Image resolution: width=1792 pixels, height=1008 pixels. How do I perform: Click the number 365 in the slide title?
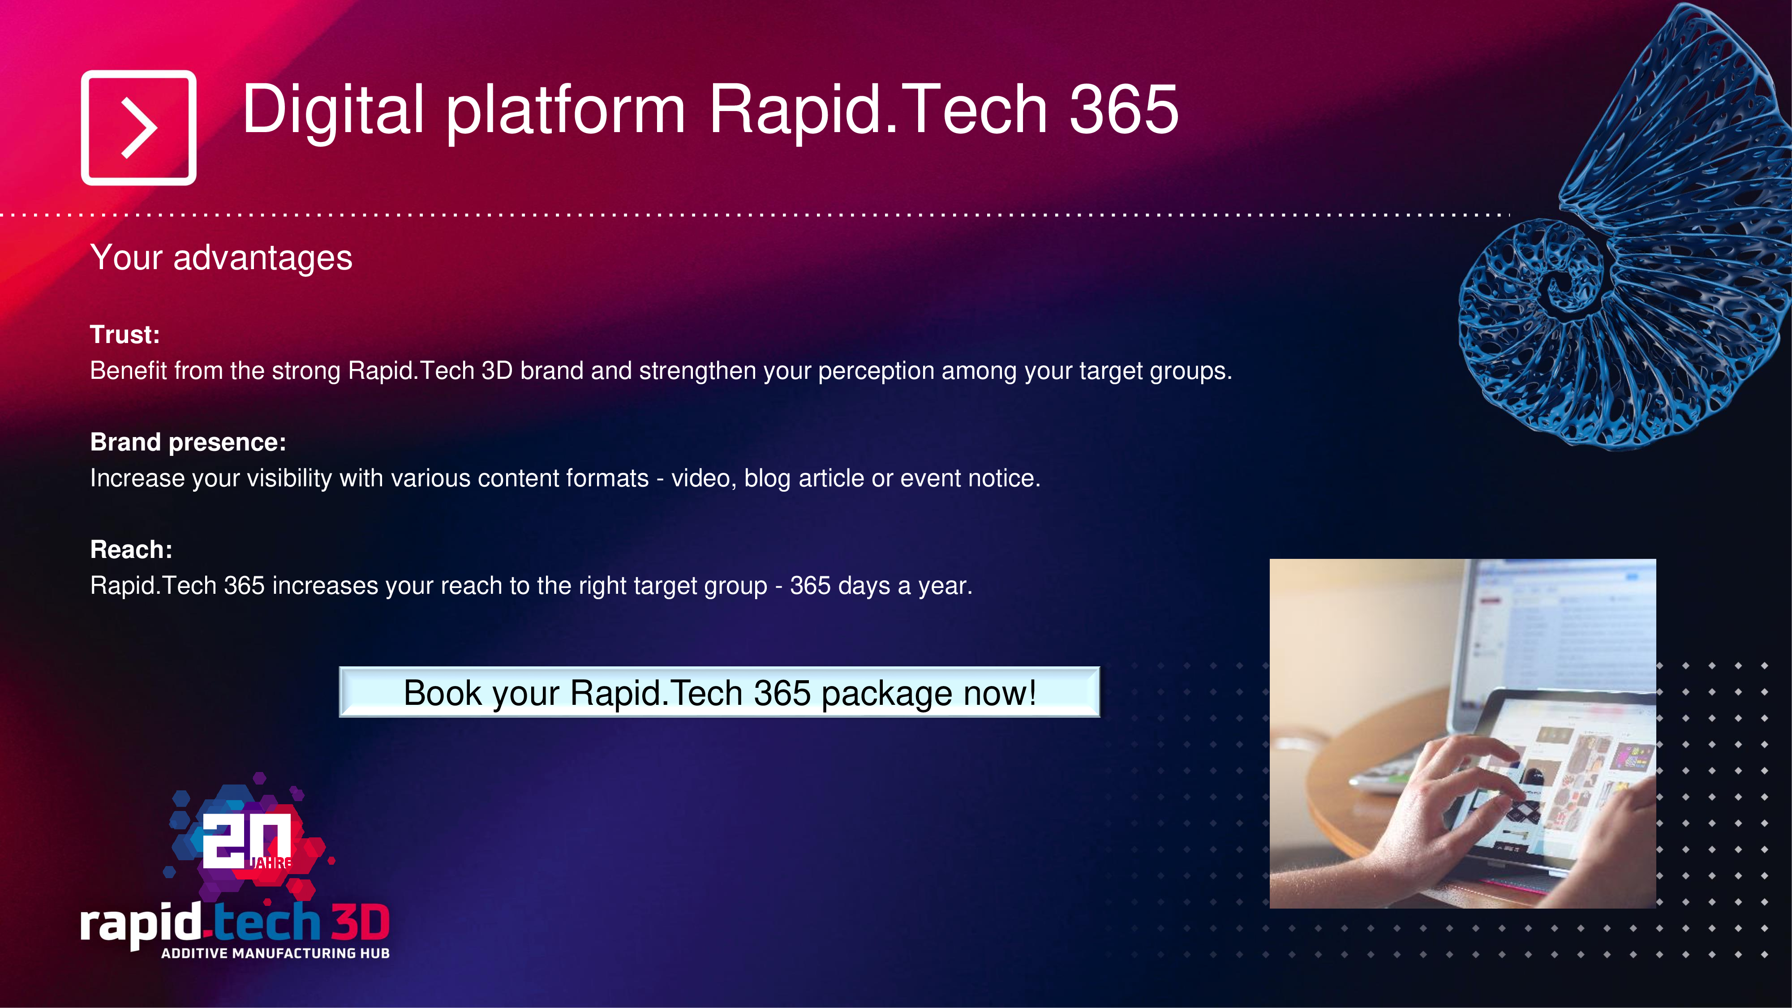(1123, 109)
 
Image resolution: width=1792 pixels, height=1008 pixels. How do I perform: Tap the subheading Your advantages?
(221, 258)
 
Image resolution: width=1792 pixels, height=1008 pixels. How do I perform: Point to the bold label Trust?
(125, 335)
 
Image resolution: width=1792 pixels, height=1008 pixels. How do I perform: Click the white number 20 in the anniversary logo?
(247, 841)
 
